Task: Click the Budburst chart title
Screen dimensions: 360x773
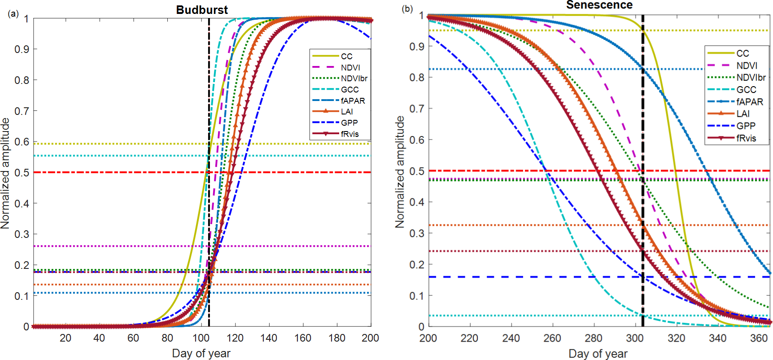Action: pyautogui.click(x=201, y=10)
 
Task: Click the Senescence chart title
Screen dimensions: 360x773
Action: pyautogui.click(x=599, y=5)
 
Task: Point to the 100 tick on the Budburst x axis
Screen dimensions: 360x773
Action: pyautogui.click(x=201, y=338)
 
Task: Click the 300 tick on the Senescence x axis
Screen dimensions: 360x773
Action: pyautogui.click(x=635, y=338)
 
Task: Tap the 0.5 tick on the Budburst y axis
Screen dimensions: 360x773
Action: pyautogui.click(x=22, y=173)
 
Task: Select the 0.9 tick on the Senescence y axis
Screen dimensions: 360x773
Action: pyautogui.click(x=417, y=46)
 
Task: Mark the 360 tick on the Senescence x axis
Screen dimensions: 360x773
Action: pyautogui.click(x=759, y=338)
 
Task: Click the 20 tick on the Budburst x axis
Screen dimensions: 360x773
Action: pyautogui.click(x=66, y=338)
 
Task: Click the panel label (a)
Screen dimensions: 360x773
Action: pyautogui.click(x=13, y=14)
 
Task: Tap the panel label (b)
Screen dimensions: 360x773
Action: pyautogui.click(x=407, y=9)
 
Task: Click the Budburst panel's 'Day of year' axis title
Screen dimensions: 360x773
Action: pyautogui.click(x=201, y=353)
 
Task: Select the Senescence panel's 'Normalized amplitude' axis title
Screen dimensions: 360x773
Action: pyautogui.click(x=399, y=172)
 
